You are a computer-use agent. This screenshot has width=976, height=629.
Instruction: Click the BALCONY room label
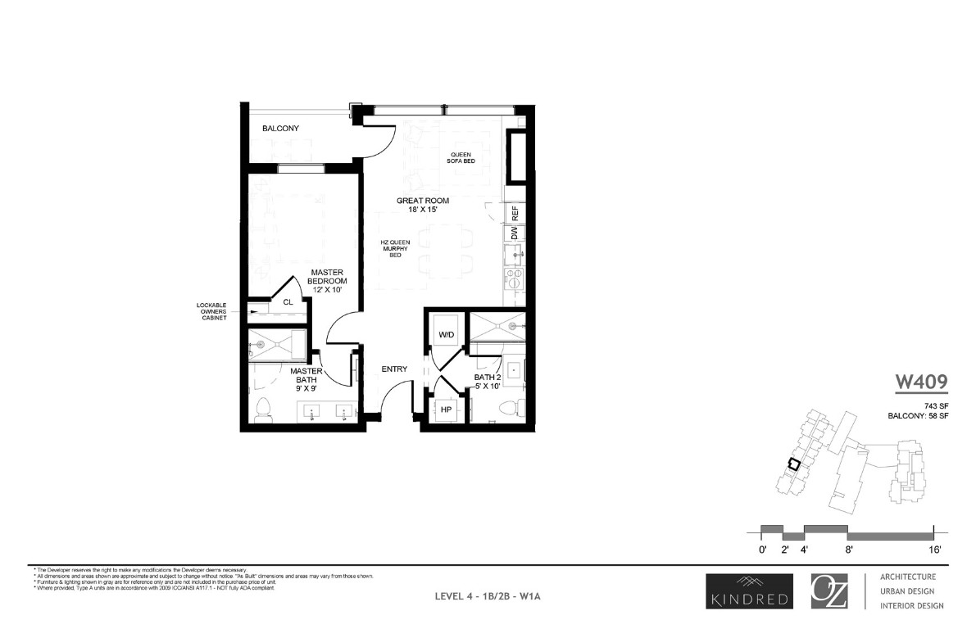pos(280,129)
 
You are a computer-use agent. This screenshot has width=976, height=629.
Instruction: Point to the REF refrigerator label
pos(515,213)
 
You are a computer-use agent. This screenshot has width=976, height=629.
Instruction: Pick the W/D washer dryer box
pos(447,334)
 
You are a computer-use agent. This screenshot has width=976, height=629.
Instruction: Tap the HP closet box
pos(447,409)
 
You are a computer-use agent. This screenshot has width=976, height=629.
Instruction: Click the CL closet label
pos(288,302)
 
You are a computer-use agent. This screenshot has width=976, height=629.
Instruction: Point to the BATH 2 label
pos(489,382)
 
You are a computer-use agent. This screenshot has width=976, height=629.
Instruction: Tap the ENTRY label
pos(394,369)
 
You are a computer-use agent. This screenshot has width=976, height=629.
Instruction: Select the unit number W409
pos(920,381)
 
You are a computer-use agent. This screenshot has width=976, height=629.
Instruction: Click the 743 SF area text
pos(935,405)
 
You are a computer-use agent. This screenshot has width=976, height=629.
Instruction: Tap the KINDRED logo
pos(747,591)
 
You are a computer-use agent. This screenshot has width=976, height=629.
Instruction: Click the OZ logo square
pos(833,591)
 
